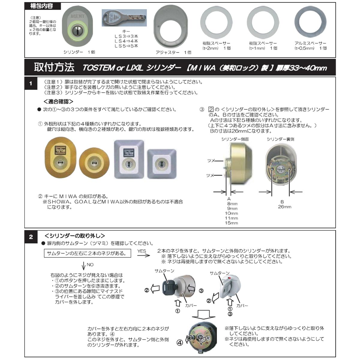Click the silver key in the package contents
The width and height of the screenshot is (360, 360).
(x=124, y=18)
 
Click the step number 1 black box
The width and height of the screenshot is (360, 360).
(x=31, y=84)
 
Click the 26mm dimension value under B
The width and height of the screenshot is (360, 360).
(x=284, y=207)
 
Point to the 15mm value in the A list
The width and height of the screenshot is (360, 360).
(x=231, y=223)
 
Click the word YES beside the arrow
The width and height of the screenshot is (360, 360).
(x=142, y=251)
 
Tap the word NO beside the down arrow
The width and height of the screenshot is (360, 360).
(x=90, y=265)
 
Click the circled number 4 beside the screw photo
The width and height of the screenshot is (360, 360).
(x=179, y=342)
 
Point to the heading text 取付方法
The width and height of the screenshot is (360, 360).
(x=54, y=67)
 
